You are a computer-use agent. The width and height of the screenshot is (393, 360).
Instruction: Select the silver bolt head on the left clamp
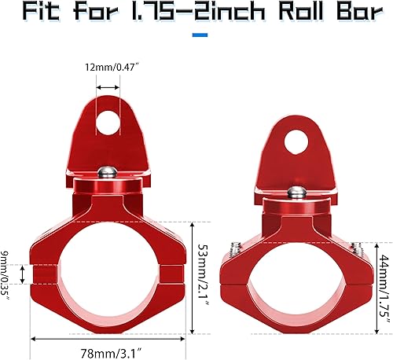tap(108, 173)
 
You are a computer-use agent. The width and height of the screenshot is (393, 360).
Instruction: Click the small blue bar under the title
tap(200, 35)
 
